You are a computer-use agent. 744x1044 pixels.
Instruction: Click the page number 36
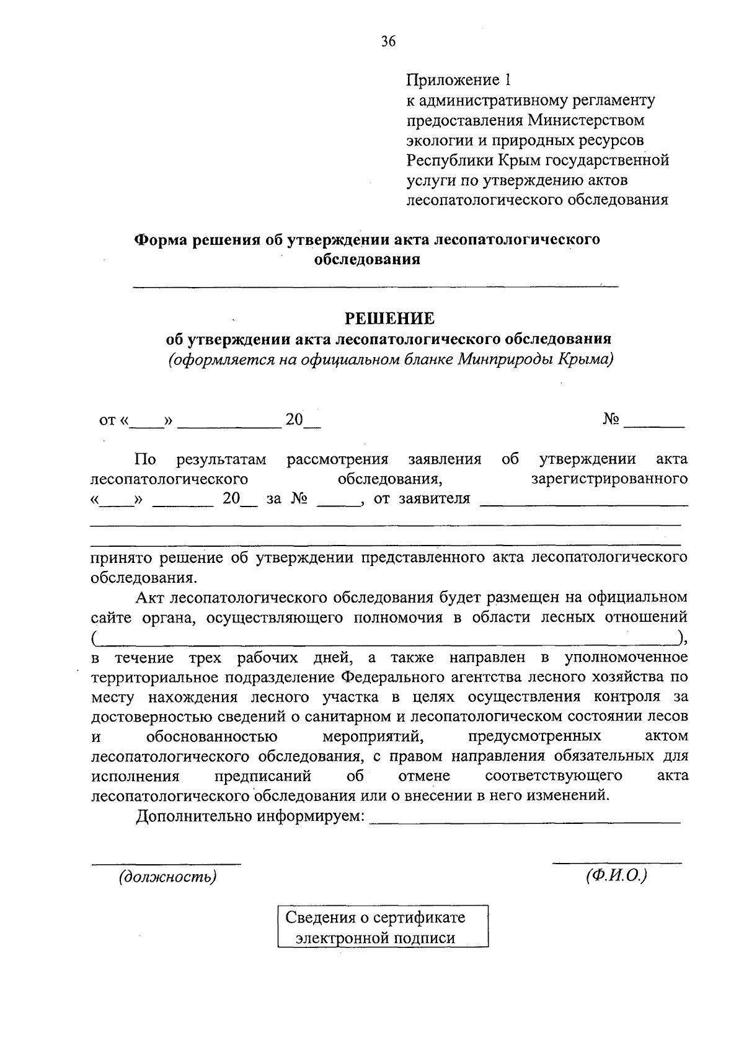point(388,42)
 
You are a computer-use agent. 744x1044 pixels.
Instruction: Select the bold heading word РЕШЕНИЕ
point(389,319)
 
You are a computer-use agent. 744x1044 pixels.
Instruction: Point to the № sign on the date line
point(611,420)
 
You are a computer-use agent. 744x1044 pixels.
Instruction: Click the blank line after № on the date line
point(653,425)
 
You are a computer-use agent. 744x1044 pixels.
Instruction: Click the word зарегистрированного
point(609,479)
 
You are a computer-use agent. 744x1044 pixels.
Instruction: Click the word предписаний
point(262,776)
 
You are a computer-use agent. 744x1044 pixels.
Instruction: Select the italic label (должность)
point(167,877)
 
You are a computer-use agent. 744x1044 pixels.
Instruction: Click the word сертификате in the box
point(422,917)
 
